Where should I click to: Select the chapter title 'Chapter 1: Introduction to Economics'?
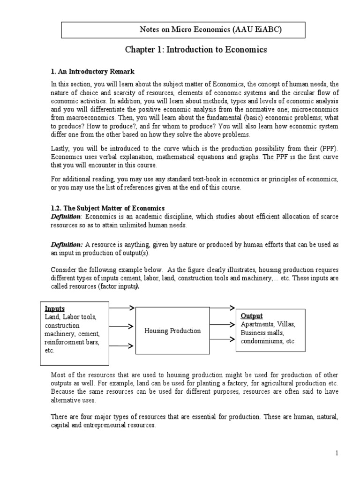coord(195,50)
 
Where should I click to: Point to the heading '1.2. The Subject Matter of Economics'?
coord(107,208)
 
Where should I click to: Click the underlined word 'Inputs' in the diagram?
coord(54,308)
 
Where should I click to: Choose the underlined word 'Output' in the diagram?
coord(252,316)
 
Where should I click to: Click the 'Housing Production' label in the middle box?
coord(172,331)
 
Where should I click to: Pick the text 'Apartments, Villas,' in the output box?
coord(268,324)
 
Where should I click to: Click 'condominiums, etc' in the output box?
coord(267,341)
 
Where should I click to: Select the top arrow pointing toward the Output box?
coord(222,308)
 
